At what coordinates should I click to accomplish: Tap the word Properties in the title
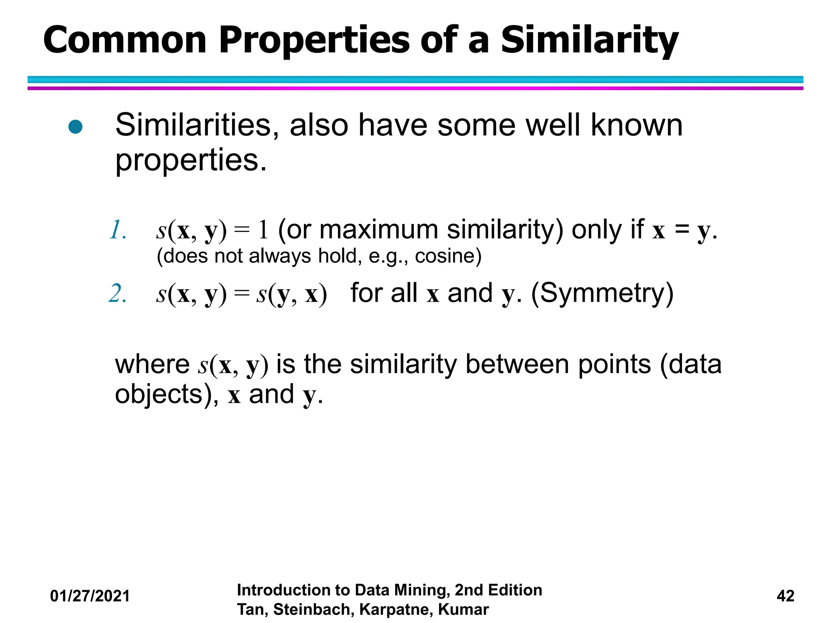(314, 41)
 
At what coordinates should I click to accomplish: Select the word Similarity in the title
(590, 41)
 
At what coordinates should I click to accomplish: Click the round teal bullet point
(76, 127)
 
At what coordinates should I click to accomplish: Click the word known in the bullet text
(636, 125)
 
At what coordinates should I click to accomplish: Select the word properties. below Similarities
(191, 161)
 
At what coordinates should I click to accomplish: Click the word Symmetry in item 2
(602, 293)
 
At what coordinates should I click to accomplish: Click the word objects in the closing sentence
(158, 395)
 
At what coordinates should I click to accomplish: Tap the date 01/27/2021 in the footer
(90, 596)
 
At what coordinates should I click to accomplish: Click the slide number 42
(785, 596)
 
